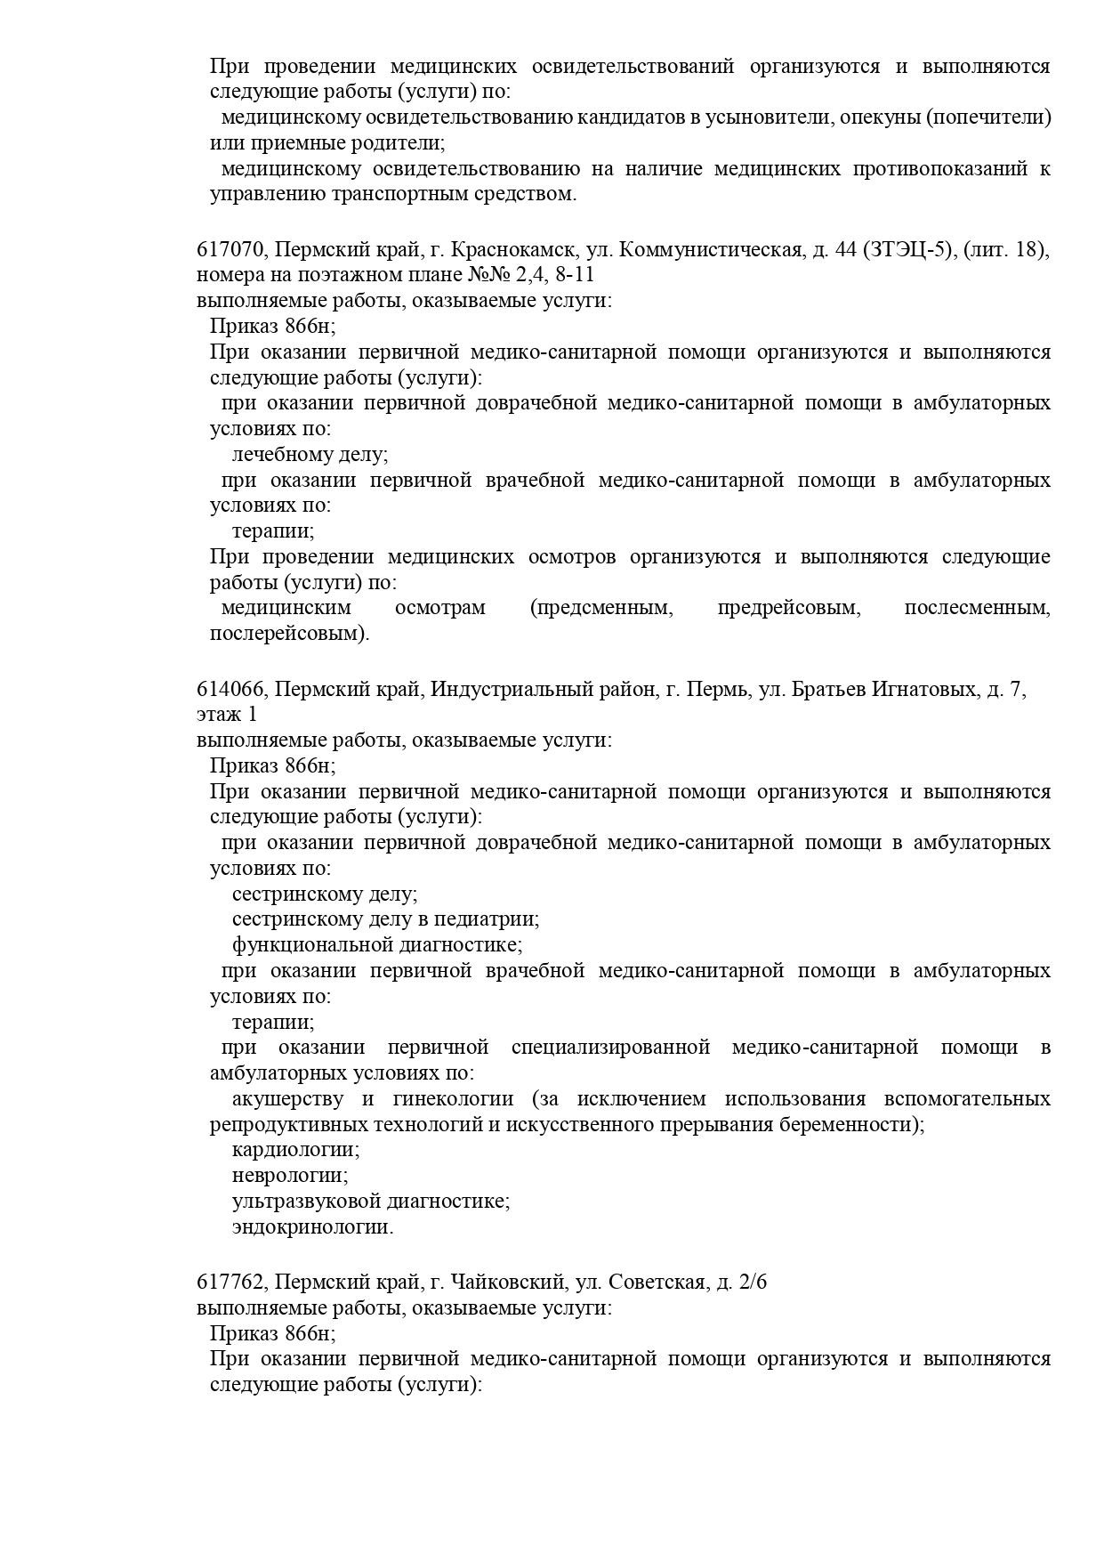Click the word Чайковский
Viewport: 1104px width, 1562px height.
509,1283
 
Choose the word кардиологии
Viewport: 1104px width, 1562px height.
295,1150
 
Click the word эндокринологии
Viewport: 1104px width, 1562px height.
312,1227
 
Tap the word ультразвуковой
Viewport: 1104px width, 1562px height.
306,1202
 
